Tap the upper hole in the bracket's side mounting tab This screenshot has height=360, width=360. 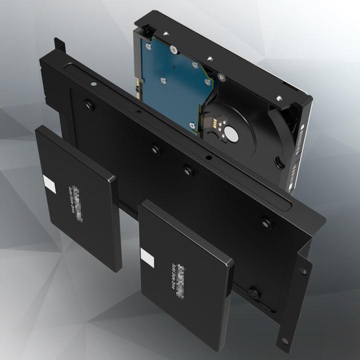[x=303, y=271]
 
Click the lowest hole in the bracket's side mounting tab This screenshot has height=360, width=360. [x=284, y=341]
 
